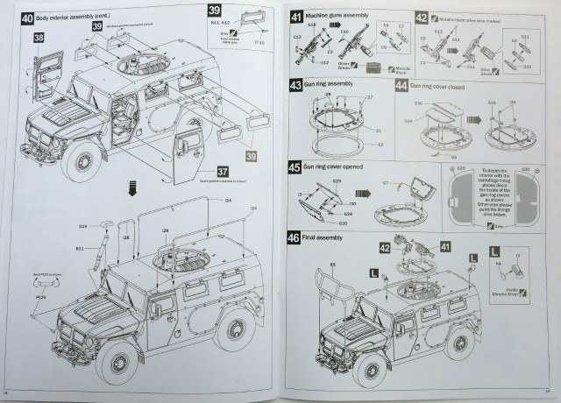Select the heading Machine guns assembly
coord(337,17)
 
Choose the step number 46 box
coord(295,237)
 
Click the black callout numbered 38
coord(39,39)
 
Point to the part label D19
coord(82,226)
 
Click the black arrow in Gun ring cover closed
coord(472,120)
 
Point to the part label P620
coord(40,297)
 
